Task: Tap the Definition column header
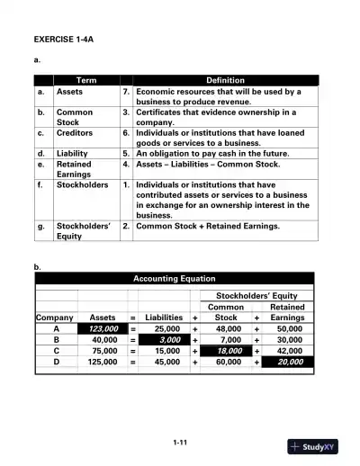pos(225,80)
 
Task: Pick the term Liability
pos(73,153)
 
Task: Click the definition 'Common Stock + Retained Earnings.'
pos(207,227)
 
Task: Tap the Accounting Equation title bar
pos(175,279)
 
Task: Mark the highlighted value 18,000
pos(229,351)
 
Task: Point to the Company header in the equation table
pos(54,318)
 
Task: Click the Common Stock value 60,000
pos(229,362)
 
